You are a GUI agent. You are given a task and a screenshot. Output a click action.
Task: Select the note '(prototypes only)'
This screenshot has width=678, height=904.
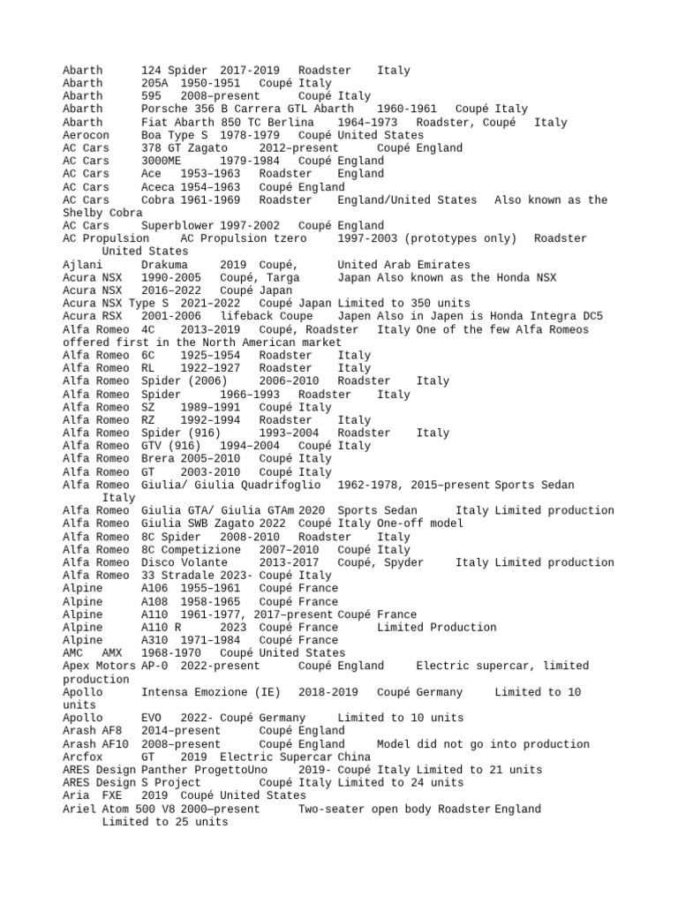(x=463, y=238)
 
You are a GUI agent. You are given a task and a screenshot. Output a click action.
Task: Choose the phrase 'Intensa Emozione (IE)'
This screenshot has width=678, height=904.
(x=209, y=692)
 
